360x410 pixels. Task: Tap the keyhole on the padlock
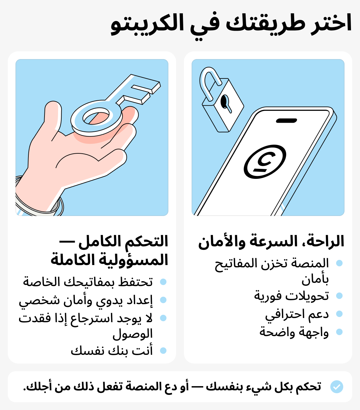pyautogui.click(x=225, y=101)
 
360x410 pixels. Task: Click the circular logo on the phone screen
pyautogui.click(x=265, y=162)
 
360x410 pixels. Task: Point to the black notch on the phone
pyautogui.click(x=286, y=121)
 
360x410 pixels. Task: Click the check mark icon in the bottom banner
pyautogui.click(x=337, y=386)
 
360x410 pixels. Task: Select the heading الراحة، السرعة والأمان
pyautogui.click(x=271, y=241)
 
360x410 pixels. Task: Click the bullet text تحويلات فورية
pyautogui.click(x=292, y=296)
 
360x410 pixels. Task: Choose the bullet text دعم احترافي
pyautogui.click(x=297, y=314)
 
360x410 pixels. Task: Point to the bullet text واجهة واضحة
pyautogui.click(x=294, y=332)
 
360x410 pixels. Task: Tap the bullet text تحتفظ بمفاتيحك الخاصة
pyautogui.click(x=88, y=282)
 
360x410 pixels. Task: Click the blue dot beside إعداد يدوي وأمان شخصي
pyautogui.click(x=163, y=300)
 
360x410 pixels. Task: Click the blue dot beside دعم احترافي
pyautogui.click(x=339, y=314)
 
